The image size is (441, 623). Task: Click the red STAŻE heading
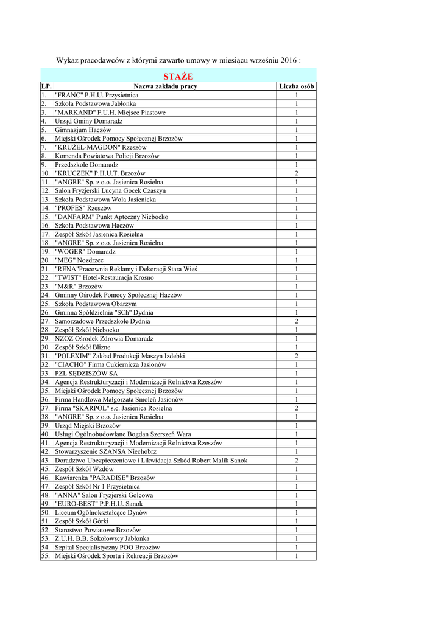click(x=178, y=77)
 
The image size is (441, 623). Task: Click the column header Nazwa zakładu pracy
click(x=166, y=86)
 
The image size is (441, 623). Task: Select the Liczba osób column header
click(x=297, y=86)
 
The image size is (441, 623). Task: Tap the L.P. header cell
click(x=47, y=86)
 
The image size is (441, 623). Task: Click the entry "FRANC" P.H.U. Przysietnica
click(x=97, y=96)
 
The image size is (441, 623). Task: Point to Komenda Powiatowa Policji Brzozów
click(x=107, y=156)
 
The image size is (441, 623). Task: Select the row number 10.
click(x=46, y=173)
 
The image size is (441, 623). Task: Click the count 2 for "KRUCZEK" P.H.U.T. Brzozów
click(x=297, y=173)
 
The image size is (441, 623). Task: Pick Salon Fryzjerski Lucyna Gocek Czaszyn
click(x=110, y=191)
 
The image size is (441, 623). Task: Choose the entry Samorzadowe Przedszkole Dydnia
click(x=102, y=321)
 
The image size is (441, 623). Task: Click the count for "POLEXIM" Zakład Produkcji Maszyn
click(x=297, y=356)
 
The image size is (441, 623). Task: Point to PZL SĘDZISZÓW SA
click(x=86, y=374)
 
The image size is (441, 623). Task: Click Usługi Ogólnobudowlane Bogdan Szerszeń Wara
click(x=123, y=434)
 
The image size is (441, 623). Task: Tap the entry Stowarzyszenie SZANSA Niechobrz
click(x=104, y=452)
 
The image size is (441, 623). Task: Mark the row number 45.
click(x=46, y=469)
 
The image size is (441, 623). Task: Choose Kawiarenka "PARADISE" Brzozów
click(x=105, y=478)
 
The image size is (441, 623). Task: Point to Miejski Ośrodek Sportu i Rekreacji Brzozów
click(x=116, y=556)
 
